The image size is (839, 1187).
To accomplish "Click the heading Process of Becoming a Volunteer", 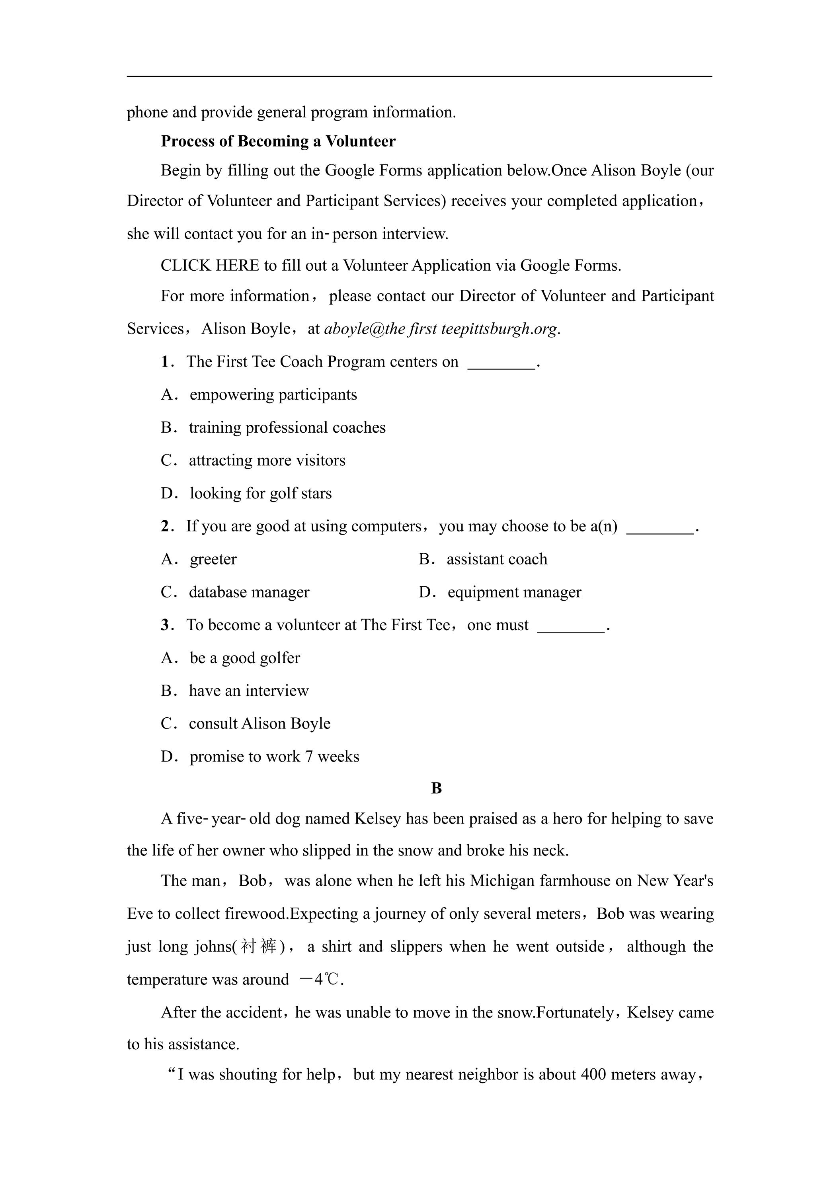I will pos(278,141).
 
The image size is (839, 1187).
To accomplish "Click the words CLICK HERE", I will pos(210,265).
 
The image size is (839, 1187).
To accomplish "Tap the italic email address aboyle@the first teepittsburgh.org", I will pos(441,329).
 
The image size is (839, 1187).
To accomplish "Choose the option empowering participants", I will pos(273,394).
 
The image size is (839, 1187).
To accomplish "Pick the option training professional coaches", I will pos(287,428).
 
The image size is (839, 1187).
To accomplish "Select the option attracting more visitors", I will pos(267,460).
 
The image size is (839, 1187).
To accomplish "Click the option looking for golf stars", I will pos(261,493).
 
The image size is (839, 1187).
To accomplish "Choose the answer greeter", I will pos(213,559).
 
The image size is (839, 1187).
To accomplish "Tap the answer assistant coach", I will pos(497,559).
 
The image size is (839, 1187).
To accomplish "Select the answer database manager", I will pos(249,592).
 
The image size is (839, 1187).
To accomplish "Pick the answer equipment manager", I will pos(514,592).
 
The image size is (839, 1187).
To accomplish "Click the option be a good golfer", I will pos(244,658).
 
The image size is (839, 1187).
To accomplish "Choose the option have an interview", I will pos(249,691).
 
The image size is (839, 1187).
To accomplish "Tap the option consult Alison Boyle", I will pos(260,723).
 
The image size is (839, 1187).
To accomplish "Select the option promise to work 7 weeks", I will pos(274,756).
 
